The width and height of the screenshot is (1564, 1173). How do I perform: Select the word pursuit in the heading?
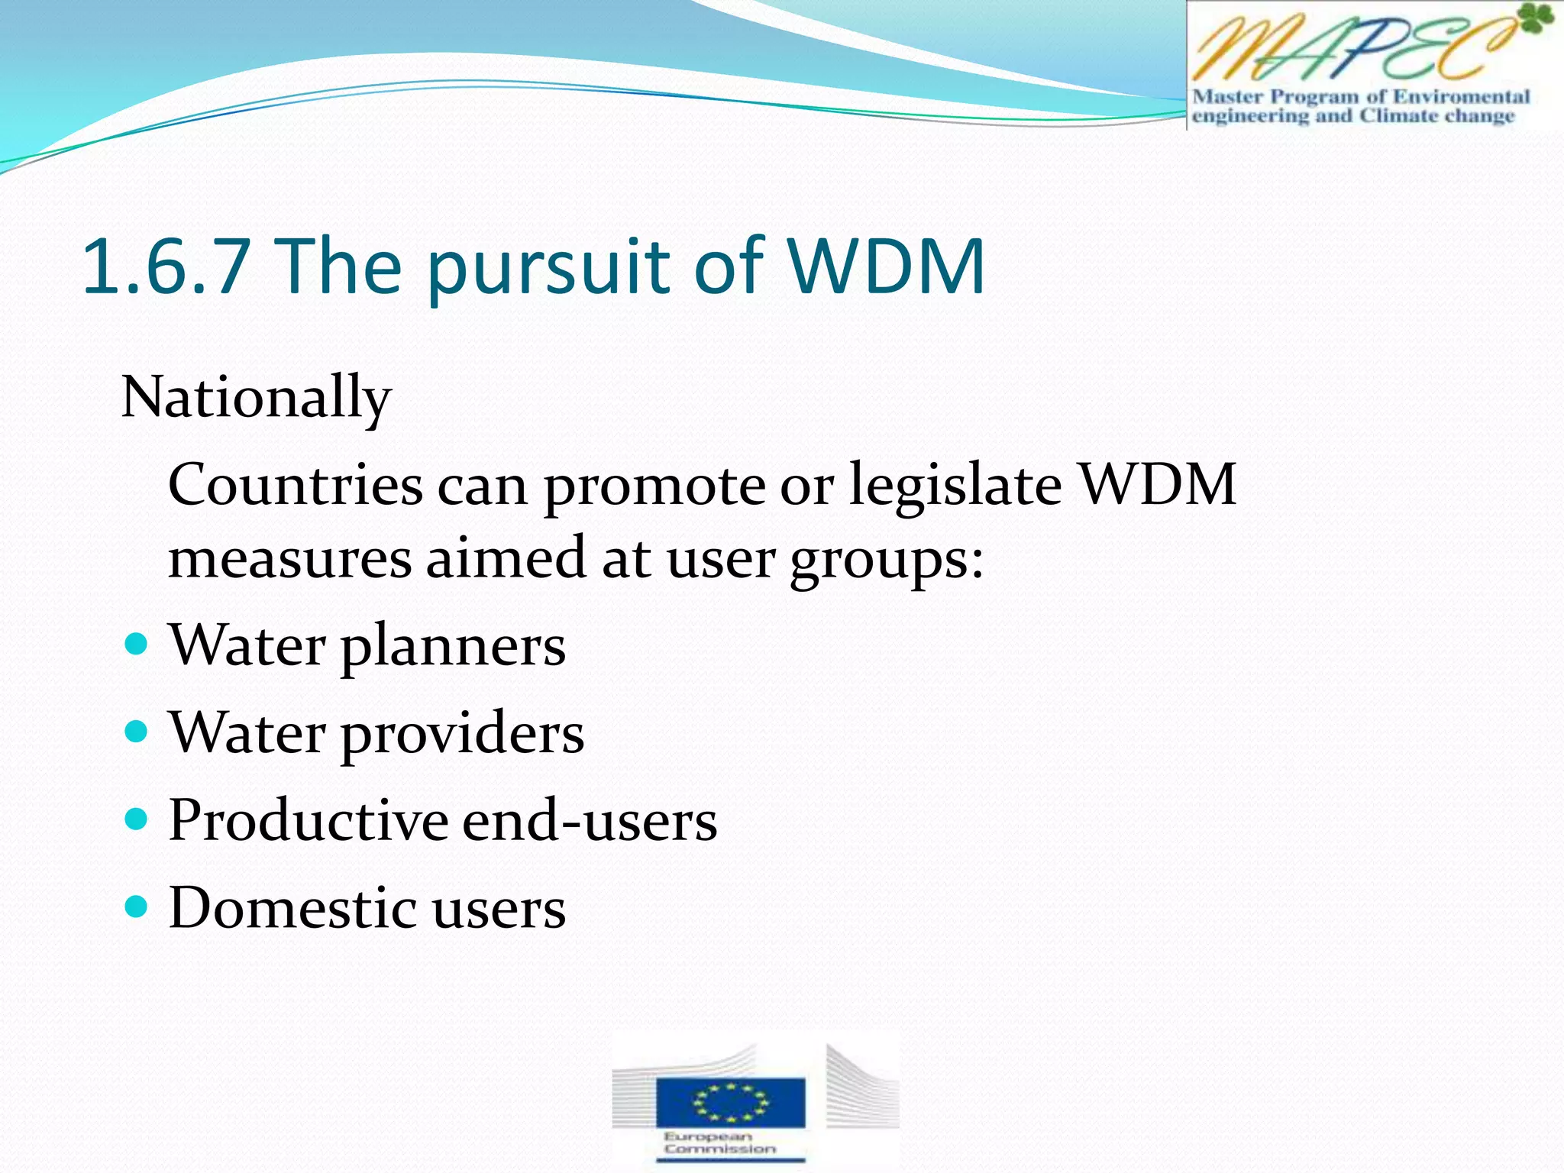pyautogui.click(x=550, y=269)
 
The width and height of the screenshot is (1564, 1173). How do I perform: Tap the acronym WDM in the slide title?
pyautogui.click(x=885, y=267)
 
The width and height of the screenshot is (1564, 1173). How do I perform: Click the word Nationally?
pyautogui.click(x=256, y=399)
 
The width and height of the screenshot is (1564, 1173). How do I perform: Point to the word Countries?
pyautogui.click(x=295, y=486)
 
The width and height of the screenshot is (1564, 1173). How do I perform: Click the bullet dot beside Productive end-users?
pyautogui.click(x=136, y=820)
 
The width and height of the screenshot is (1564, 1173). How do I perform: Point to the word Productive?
pyautogui.click(x=309, y=820)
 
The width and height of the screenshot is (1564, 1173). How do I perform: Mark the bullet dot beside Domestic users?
pyautogui.click(x=136, y=907)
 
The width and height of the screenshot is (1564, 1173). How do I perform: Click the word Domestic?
pyautogui.click(x=292, y=908)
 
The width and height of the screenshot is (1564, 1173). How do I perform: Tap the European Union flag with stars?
pyautogui.click(x=730, y=1102)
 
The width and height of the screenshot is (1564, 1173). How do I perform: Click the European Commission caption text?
pyautogui.click(x=719, y=1143)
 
